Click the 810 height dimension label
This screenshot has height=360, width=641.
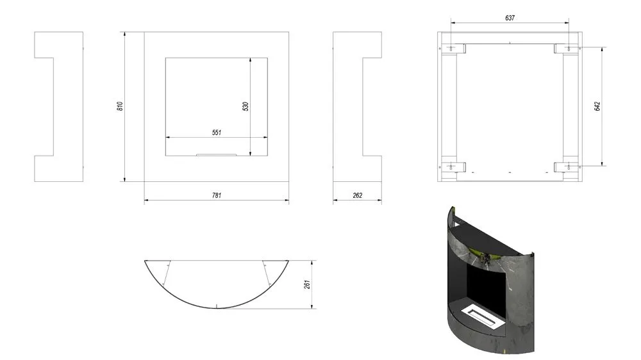[x=121, y=106]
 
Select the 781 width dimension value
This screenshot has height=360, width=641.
[x=217, y=195]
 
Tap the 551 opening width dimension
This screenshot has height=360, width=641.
[x=217, y=133]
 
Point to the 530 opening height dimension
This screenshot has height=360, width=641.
[x=246, y=106]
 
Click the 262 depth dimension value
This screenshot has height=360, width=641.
[x=357, y=195]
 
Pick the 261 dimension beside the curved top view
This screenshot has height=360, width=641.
[x=308, y=284]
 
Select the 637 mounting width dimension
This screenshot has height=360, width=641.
[x=510, y=18]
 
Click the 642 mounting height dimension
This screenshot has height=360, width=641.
[x=597, y=106]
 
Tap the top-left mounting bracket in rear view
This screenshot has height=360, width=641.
[x=454, y=48]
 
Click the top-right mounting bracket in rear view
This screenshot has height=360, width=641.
[x=565, y=48]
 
